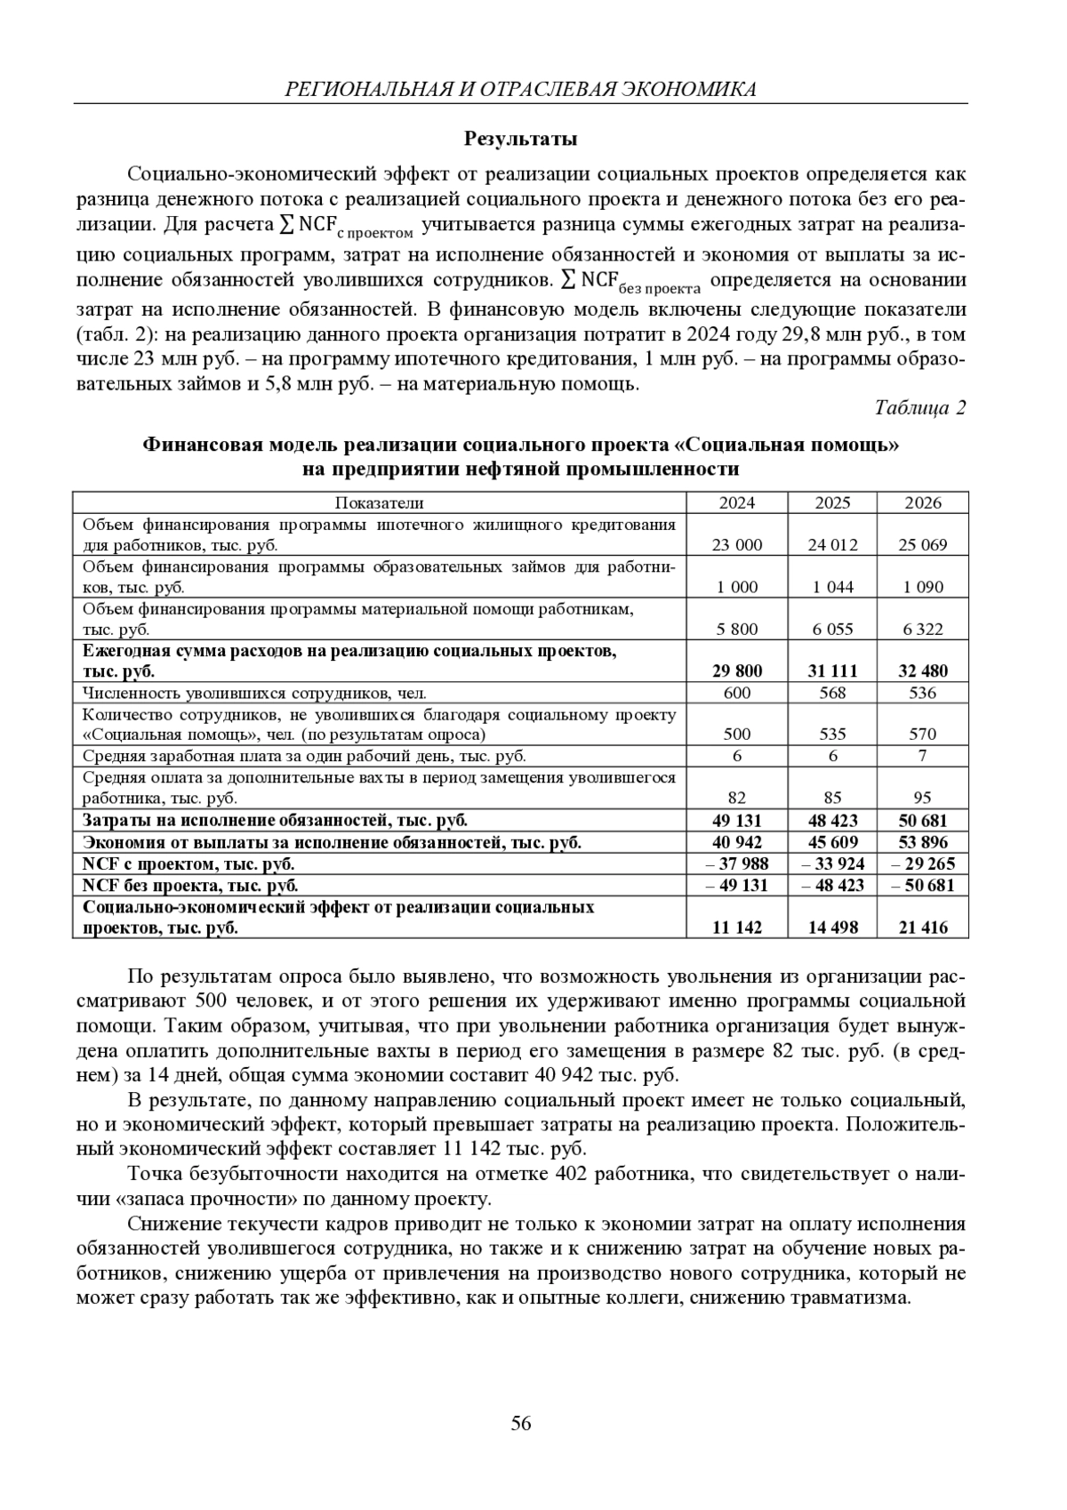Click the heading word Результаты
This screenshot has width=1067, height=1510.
pyautogui.click(x=521, y=139)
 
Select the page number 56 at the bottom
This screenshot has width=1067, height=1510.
pyautogui.click(x=521, y=1424)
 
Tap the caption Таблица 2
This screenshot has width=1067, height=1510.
pyautogui.click(x=919, y=407)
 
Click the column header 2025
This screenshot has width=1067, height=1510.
pyautogui.click(x=832, y=502)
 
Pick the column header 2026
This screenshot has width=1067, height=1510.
pyautogui.click(x=922, y=502)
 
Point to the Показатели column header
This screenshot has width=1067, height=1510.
pyautogui.click(x=380, y=502)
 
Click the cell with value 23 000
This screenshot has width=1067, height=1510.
pyautogui.click(x=737, y=545)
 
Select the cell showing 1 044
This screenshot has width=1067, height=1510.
pyautogui.click(x=832, y=587)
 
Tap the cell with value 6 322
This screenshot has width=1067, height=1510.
pyautogui.click(x=922, y=629)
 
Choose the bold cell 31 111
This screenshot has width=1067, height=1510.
pyautogui.click(x=832, y=671)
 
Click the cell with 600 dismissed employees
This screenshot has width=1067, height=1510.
pyautogui.click(x=737, y=693)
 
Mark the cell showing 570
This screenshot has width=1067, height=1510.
pyautogui.click(x=922, y=735)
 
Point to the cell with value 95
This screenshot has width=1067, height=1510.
pyautogui.click(x=922, y=798)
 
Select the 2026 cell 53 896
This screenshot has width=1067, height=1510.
pyautogui.click(x=922, y=842)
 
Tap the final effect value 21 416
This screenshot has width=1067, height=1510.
pyautogui.click(x=922, y=928)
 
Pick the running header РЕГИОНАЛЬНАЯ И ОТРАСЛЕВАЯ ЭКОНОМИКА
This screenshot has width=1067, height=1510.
pyautogui.click(x=520, y=89)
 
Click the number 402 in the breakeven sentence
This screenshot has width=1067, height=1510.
pyautogui.click(x=570, y=1173)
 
